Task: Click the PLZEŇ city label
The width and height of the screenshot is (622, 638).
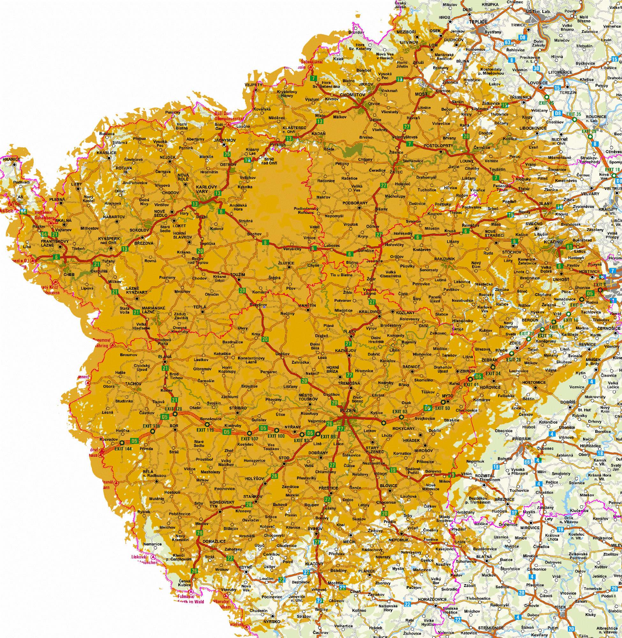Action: [348, 411]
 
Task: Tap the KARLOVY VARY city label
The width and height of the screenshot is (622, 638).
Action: [206, 189]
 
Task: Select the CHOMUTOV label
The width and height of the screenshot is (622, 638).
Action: [352, 95]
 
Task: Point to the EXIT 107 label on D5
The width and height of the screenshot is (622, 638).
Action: [249, 439]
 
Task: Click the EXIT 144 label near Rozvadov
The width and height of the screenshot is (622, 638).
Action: [123, 449]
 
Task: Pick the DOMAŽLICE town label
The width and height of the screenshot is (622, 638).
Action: [214, 541]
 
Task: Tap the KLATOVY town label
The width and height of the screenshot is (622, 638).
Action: [314, 564]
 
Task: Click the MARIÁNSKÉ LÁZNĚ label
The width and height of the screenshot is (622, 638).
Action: [153, 310]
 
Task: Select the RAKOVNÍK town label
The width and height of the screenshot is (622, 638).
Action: [444, 259]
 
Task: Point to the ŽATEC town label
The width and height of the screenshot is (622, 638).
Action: [396, 172]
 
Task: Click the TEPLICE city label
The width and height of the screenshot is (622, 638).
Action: [478, 22]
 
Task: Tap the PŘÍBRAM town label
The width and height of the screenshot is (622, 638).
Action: [521, 439]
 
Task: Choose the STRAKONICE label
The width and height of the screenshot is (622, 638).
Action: [491, 628]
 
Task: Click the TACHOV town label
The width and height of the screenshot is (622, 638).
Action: [133, 384]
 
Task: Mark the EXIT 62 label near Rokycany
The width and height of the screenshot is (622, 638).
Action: [400, 412]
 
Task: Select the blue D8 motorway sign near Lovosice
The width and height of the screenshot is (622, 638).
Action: [558, 113]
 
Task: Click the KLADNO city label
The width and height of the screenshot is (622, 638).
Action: [553, 242]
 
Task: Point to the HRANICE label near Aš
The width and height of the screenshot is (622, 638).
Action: [11, 159]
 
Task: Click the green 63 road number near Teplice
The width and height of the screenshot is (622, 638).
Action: [507, 42]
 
